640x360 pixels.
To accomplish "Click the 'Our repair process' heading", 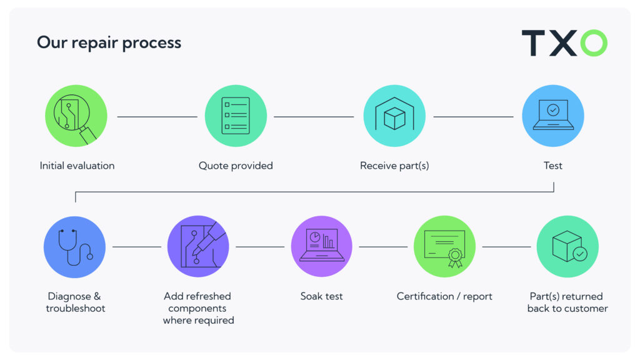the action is [109, 43].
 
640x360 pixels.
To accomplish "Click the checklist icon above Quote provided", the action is [236, 116].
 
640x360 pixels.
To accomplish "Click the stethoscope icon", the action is [75, 247].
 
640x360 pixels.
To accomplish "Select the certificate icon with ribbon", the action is [444, 246].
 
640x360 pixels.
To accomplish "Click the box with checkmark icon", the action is [567, 246].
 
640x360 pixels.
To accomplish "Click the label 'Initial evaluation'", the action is [77, 166].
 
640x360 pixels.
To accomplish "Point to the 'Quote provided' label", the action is [236, 166].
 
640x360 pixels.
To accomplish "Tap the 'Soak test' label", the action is [322, 296].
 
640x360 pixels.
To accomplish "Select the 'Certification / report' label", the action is [444, 297].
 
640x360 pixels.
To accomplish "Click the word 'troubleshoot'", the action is [76, 308].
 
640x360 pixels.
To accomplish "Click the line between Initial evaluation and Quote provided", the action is [157, 117].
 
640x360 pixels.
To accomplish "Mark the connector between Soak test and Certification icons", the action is [383, 247].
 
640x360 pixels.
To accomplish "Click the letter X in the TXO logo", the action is [563, 43].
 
